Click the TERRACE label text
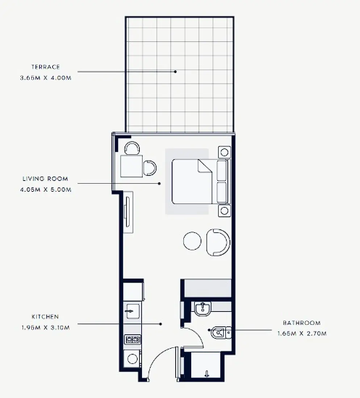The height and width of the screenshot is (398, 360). click(x=45, y=67)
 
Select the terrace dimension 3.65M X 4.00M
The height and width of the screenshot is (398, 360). click(x=45, y=77)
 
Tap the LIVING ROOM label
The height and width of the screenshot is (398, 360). click(x=45, y=179)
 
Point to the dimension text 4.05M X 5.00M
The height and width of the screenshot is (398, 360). click(x=45, y=189)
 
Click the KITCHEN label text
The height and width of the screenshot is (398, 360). click(x=45, y=317)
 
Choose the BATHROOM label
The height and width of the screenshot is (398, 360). click(x=302, y=323)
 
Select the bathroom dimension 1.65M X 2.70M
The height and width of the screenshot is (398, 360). click(x=302, y=334)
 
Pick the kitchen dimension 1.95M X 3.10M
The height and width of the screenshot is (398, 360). click(x=45, y=327)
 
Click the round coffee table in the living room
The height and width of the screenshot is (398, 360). click(x=192, y=241)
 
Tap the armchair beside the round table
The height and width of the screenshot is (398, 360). click(x=218, y=242)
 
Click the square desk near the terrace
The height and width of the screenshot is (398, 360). click(x=131, y=166)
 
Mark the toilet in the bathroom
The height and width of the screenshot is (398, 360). click(x=219, y=332)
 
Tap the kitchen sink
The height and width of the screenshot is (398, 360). click(x=132, y=311)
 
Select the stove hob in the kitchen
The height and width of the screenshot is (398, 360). click(x=133, y=339)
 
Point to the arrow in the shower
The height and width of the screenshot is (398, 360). click(x=207, y=373)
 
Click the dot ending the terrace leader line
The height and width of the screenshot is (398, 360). click(x=175, y=72)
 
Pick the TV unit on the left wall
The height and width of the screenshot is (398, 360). click(x=128, y=212)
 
